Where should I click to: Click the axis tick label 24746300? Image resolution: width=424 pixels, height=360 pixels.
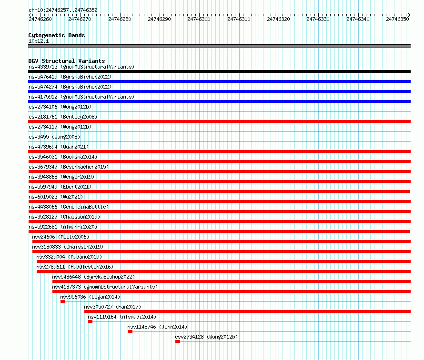[x=199, y=19]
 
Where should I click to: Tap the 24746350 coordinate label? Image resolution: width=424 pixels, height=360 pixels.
[x=397, y=19]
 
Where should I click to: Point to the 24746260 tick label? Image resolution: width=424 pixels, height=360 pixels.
[x=40, y=19]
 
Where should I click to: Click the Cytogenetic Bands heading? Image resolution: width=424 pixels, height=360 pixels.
[x=57, y=35]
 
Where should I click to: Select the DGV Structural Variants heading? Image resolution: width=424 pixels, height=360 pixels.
[x=67, y=61]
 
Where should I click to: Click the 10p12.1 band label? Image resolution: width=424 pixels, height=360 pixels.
[x=39, y=41]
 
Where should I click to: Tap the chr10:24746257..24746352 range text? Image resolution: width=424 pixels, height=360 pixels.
[x=63, y=10]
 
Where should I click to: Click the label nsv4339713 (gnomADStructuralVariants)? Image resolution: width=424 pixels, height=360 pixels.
[x=81, y=67]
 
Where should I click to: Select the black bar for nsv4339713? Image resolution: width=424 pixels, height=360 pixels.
[x=219, y=71]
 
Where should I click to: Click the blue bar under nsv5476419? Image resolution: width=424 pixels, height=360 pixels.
[x=219, y=81]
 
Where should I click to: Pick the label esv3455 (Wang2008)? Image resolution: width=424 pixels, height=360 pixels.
[x=54, y=137]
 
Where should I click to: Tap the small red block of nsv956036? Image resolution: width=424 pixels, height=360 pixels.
[x=62, y=301]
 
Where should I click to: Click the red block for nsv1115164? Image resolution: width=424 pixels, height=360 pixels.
[x=91, y=321]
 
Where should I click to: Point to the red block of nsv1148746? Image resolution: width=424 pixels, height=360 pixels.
[x=130, y=331]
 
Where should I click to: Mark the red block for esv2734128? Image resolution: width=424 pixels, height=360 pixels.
[x=178, y=341]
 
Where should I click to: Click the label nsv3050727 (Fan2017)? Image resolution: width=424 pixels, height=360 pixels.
[x=112, y=307]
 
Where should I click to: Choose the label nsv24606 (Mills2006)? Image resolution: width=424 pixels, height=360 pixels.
[x=61, y=237]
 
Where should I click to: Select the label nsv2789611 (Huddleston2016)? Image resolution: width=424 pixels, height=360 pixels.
[x=75, y=267]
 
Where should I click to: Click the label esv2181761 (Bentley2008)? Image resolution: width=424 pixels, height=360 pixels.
[x=63, y=117]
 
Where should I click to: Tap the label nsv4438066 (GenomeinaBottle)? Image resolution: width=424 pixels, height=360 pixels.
[x=69, y=207]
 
